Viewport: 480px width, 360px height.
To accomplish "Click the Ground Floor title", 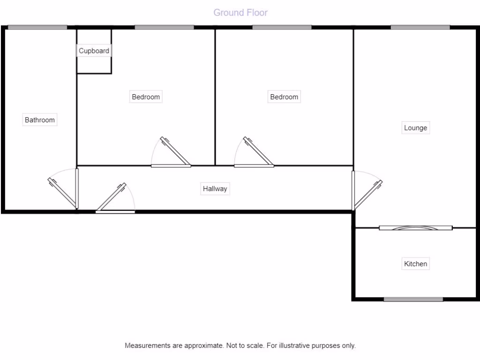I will pyautogui.click(x=240, y=13).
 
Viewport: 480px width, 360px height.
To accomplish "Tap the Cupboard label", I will pyautogui.click(x=94, y=51).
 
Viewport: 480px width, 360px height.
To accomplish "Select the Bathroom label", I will pyautogui.click(x=40, y=120).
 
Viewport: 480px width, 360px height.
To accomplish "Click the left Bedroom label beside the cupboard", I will pyautogui.click(x=146, y=97).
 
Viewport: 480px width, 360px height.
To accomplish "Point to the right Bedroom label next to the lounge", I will pyautogui.click(x=284, y=97).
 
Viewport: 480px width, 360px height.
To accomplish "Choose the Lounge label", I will pyautogui.click(x=415, y=128).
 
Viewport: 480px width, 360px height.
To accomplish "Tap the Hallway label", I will pyautogui.click(x=215, y=189).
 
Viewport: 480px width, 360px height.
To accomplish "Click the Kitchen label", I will pyautogui.click(x=415, y=264).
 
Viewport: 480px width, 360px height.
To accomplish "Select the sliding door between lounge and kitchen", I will pyautogui.click(x=415, y=228).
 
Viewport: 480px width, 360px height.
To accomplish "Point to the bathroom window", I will pyautogui.click(x=37, y=27).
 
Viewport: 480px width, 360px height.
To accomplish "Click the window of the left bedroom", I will pyautogui.click(x=164, y=27).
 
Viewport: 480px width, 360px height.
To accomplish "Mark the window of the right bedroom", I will pyautogui.click(x=282, y=27).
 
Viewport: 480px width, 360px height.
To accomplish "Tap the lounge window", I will pyautogui.click(x=420, y=27).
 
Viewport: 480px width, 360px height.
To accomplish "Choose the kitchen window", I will pyautogui.click(x=413, y=299).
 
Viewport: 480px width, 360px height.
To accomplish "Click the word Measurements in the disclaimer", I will pyautogui.click(x=148, y=345).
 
